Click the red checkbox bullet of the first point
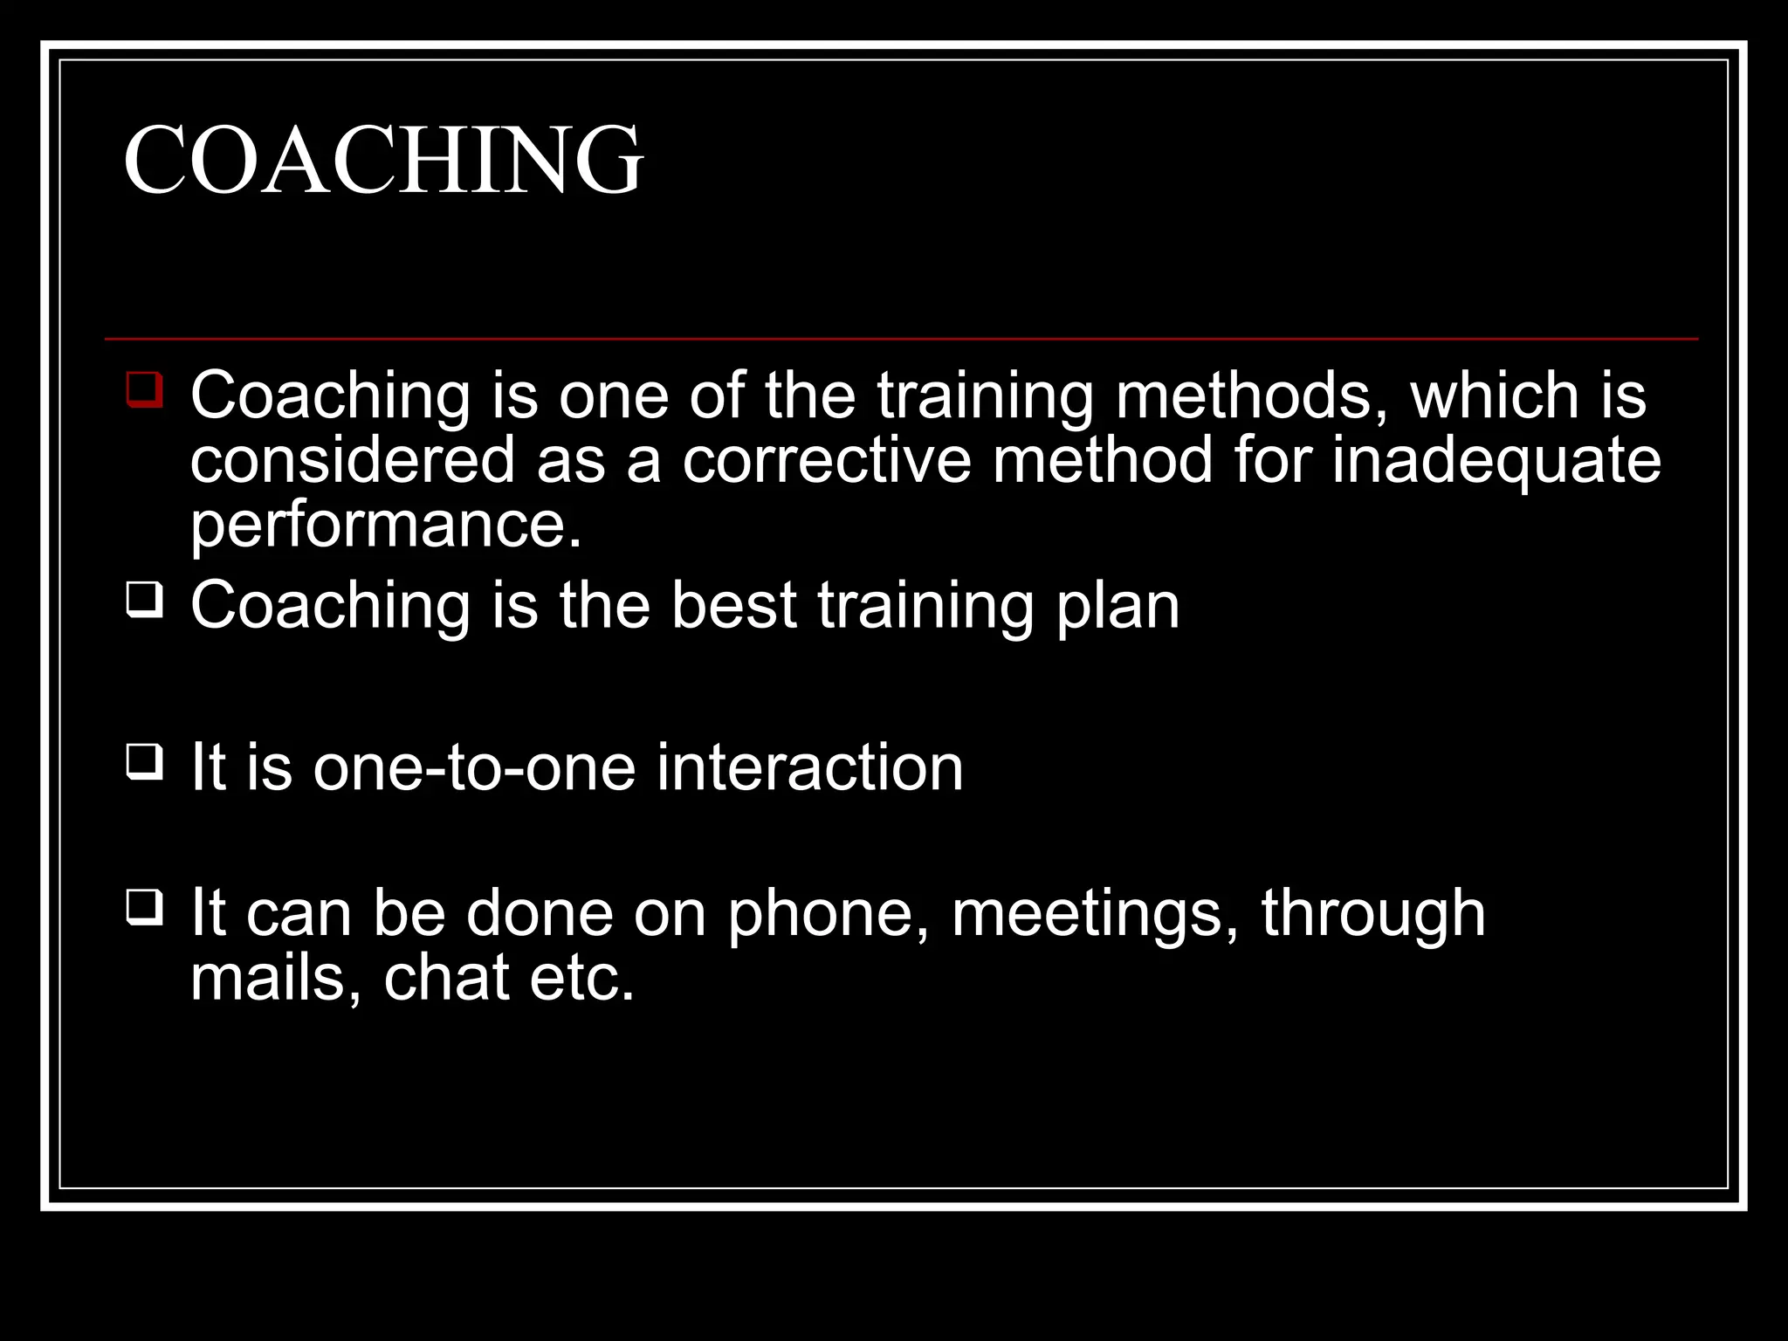pyautogui.click(x=144, y=389)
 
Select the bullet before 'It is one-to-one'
pyautogui.click(x=144, y=762)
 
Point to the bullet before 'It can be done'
pyautogui.click(x=144, y=908)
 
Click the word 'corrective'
pyautogui.click(x=826, y=460)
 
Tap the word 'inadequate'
pyautogui.click(x=1496, y=460)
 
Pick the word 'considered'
pyautogui.click(x=353, y=460)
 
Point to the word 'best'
pyautogui.click(x=733, y=605)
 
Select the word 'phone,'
pyautogui.click(x=829, y=913)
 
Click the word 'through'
pyautogui.click(x=1372, y=913)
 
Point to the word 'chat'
pyautogui.click(x=446, y=978)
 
